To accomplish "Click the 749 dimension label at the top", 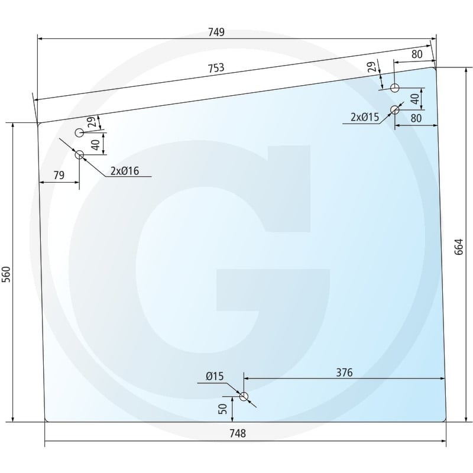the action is [216, 33].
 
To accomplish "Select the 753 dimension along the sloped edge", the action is [216, 68].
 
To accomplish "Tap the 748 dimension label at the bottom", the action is [238, 433].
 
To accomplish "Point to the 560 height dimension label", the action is [7, 274].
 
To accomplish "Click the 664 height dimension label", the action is [459, 247].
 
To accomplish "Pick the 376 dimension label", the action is [344, 372].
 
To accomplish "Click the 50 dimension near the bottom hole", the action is [223, 409].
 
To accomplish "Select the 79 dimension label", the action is [59, 175].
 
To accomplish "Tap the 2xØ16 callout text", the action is [125, 171].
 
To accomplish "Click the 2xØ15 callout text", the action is [365, 117].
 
